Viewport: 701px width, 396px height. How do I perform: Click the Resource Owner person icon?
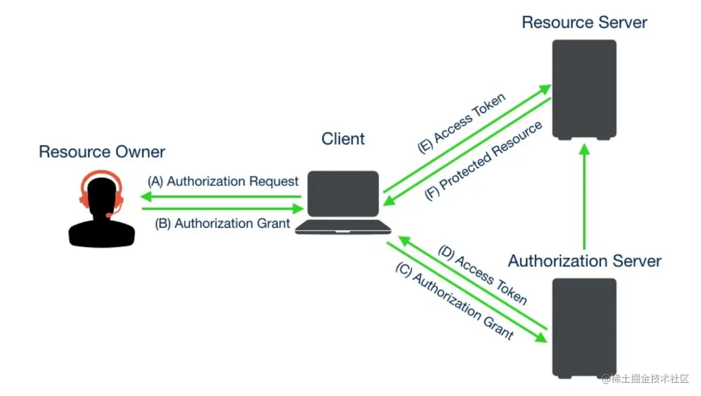click(102, 212)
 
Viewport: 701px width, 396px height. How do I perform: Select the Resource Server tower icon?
click(584, 89)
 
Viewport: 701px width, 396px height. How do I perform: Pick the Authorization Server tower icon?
click(584, 327)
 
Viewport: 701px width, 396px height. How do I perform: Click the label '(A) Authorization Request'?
click(223, 181)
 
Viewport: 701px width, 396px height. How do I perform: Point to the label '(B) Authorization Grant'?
click(223, 223)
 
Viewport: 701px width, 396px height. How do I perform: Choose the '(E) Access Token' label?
click(461, 124)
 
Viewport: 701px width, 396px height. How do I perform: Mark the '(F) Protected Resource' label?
click(484, 161)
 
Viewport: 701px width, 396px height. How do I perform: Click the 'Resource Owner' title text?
click(102, 151)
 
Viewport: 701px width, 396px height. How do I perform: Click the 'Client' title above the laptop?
click(343, 139)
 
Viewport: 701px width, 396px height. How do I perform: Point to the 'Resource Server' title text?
click(584, 22)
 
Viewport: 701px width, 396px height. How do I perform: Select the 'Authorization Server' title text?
click(584, 261)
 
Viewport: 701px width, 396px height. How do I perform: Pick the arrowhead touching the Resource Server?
click(546, 89)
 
